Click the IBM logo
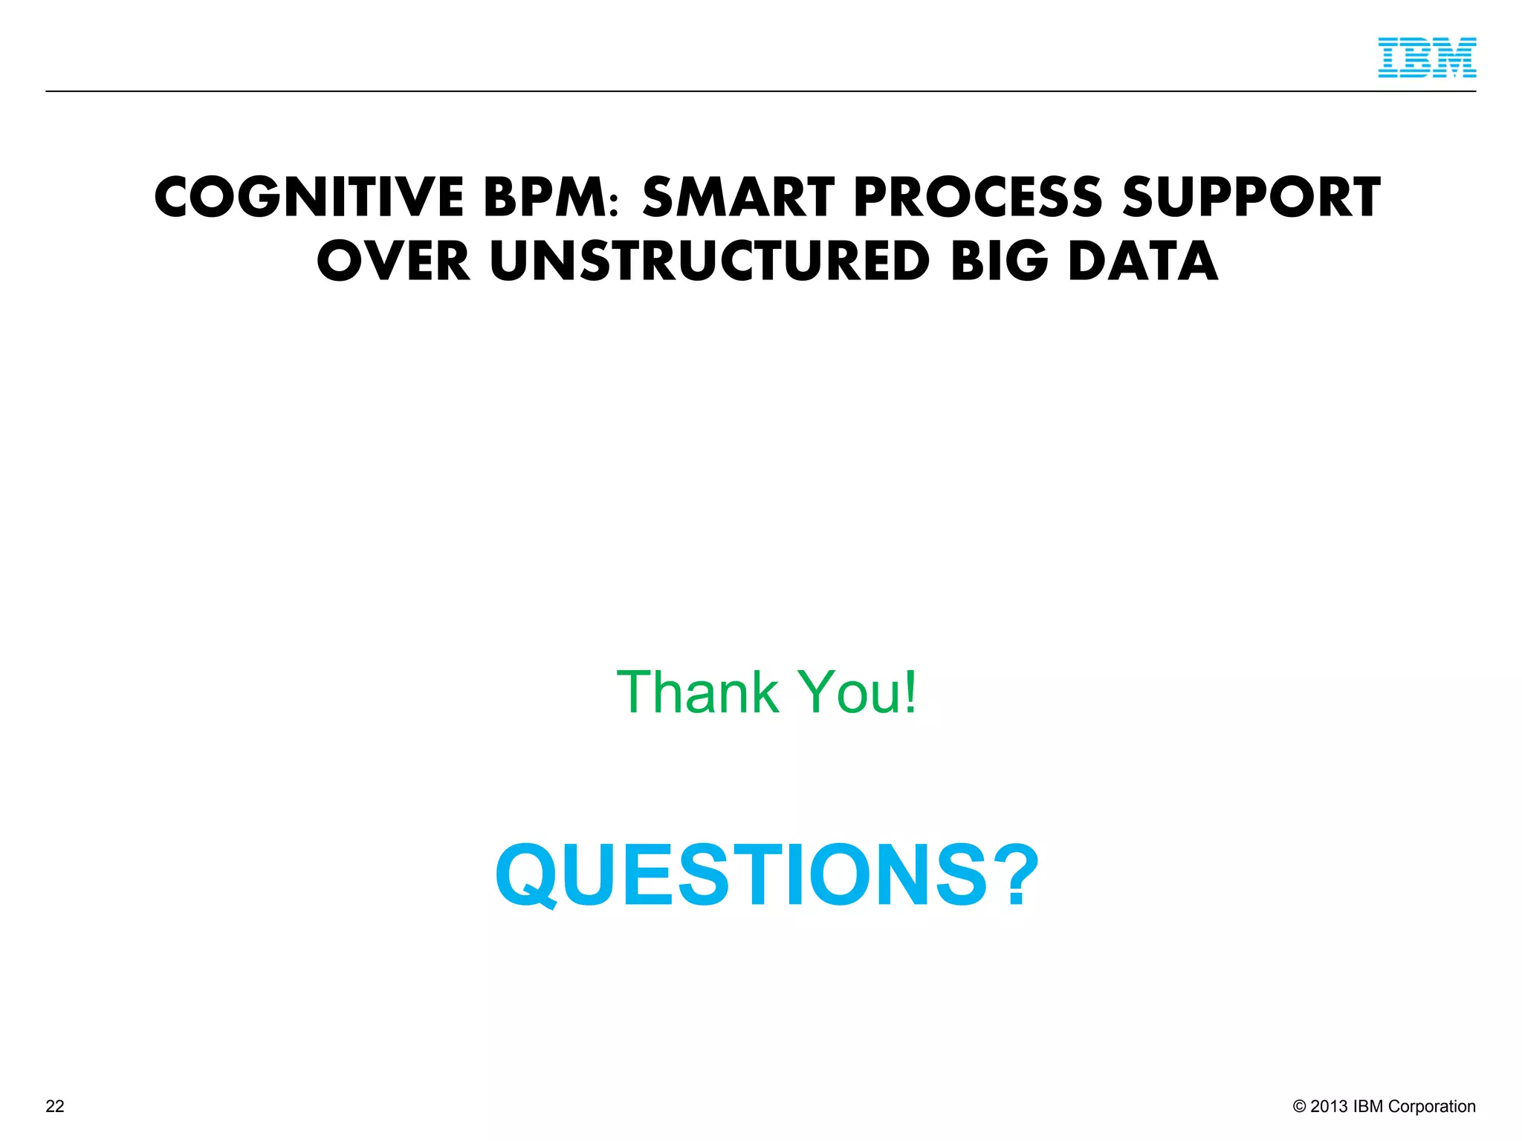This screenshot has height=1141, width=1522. (1427, 58)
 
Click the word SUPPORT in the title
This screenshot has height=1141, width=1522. (1251, 198)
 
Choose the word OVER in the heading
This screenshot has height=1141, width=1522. (394, 261)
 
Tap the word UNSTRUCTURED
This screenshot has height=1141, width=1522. (710, 261)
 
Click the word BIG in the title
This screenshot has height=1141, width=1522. (1000, 261)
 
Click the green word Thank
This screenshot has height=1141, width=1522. (697, 692)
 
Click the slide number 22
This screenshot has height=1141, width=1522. (55, 1107)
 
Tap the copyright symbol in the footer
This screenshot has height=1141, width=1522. (1300, 1107)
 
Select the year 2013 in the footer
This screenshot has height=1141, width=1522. (1329, 1107)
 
